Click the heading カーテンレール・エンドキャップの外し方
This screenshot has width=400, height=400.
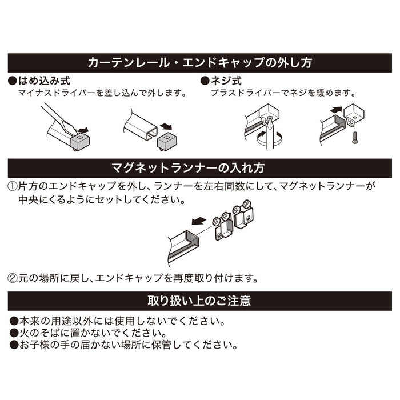[200, 63]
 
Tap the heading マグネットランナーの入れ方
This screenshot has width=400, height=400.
[188, 168]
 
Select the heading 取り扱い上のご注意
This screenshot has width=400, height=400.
[199, 301]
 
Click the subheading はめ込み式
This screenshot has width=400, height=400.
[45, 81]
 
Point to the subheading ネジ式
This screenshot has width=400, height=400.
[226, 81]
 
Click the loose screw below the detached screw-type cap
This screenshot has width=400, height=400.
[354, 137]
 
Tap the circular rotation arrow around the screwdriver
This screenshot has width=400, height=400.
[269, 139]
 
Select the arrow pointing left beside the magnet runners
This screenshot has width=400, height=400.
[199, 221]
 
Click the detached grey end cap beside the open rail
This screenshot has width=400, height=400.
[167, 142]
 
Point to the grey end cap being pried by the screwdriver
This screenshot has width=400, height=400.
[79, 141]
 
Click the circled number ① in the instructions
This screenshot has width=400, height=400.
[12, 186]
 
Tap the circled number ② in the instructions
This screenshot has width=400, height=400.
[12, 278]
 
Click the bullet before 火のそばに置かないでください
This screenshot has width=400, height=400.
[14, 333]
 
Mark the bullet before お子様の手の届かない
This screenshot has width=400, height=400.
[14, 345]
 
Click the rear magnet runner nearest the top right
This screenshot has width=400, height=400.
[243, 214]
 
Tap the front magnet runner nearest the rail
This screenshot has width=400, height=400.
[224, 226]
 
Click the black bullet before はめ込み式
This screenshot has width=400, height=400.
[13, 81]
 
